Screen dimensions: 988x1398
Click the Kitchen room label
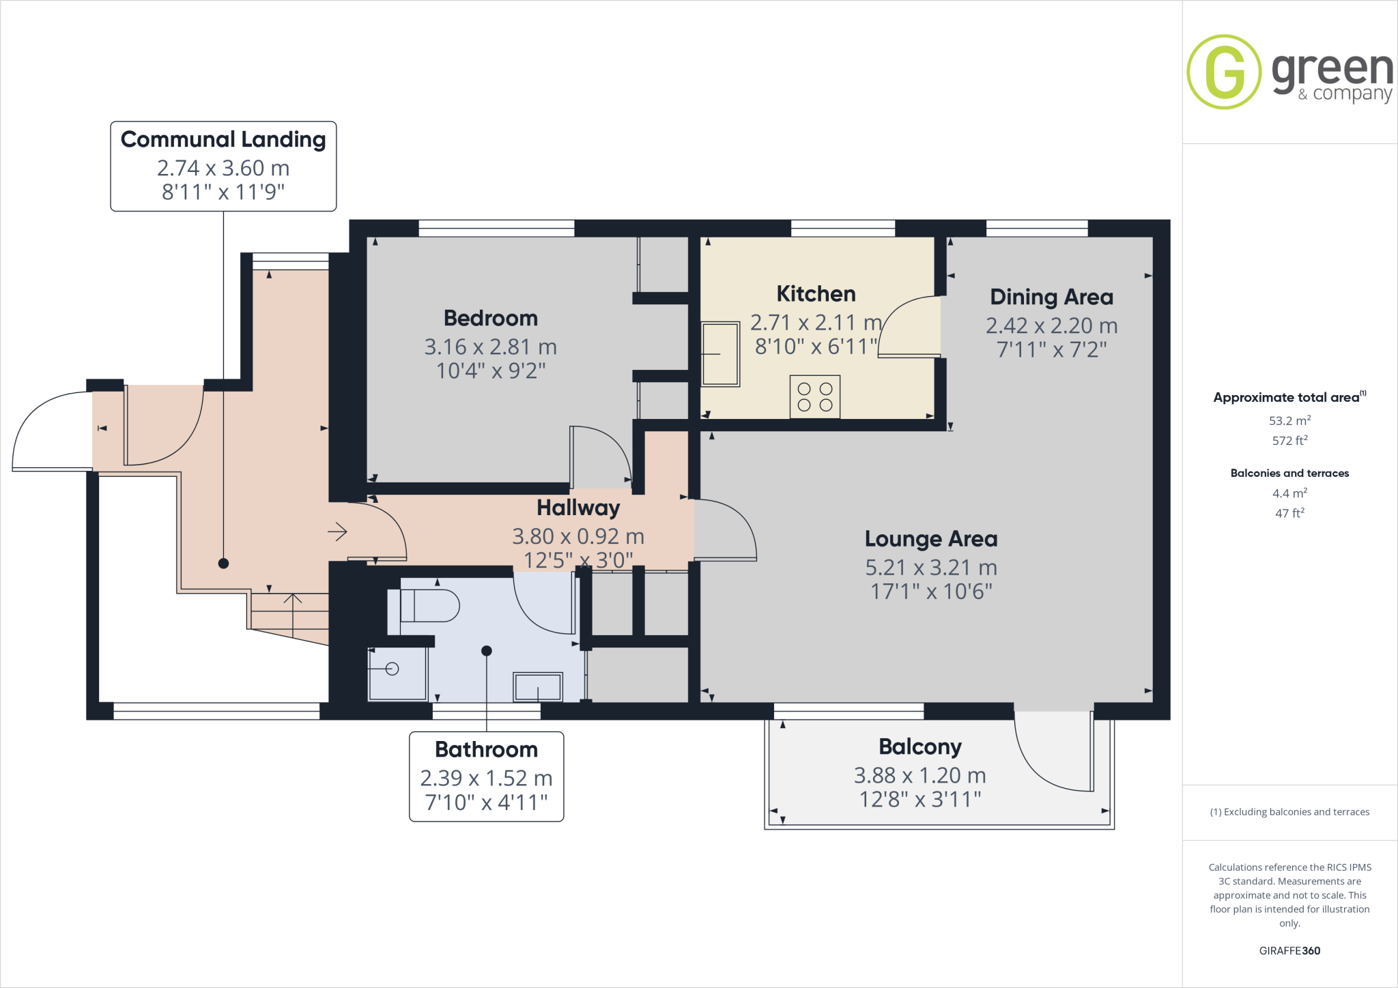[816, 294]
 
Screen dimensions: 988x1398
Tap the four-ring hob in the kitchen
[815, 396]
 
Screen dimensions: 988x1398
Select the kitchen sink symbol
[721, 354]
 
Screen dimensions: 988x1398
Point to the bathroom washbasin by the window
[538, 686]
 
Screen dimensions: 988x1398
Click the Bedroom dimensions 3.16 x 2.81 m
[490, 347]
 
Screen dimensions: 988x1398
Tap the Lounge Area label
[930, 539]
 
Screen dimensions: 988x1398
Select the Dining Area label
[1051, 297]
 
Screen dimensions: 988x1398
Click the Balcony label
[919, 747]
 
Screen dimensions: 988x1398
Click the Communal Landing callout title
[223, 139]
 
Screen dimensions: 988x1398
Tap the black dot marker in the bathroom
[487, 651]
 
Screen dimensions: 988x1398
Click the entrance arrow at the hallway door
[337, 532]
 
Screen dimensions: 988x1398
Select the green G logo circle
[1223, 72]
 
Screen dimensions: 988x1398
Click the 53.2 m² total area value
[1289, 420]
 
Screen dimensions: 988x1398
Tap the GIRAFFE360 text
[1289, 950]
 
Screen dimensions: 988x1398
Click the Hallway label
[578, 508]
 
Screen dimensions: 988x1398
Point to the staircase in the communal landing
[290, 612]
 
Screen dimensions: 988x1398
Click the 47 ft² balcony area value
[1289, 512]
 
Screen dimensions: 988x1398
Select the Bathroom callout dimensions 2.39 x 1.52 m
[486, 778]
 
